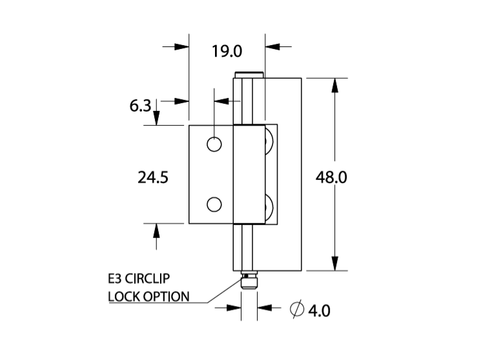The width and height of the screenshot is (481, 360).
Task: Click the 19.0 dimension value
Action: click(226, 50)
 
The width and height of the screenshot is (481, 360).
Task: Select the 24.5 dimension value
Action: click(153, 177)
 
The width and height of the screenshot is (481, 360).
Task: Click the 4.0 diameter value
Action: click(318, 310)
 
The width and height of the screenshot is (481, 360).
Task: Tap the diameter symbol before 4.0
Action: click(297, 310)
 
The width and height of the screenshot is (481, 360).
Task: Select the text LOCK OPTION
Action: click(148, 297)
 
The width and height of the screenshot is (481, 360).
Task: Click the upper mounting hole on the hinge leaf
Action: click(214, 144)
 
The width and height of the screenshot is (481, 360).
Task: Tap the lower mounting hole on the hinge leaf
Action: click(214, 205)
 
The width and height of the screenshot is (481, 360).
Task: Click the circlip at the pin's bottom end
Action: click(248, 281)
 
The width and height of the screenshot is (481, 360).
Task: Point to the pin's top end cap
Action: click(249, 75)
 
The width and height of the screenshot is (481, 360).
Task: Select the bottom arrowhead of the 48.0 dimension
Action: click(334, 265)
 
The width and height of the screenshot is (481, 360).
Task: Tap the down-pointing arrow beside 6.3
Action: click(156, 115)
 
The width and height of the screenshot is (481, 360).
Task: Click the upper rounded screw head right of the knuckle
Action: click(271, 144)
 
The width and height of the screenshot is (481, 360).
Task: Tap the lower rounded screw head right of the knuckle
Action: click(271, 206)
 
